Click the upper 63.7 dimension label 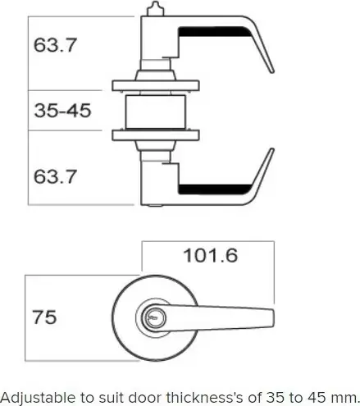[x=55, y=45]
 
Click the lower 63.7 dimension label [x=55, y=176]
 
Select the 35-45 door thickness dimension [x=62, y=111]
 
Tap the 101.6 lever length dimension [x=211, y=256]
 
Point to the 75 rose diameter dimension [x=44, y=317]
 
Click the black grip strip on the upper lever [x=215, y=32]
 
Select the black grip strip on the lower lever [x=215, y=189]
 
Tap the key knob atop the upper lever [x=155, y=8]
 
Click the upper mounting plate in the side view [x=156, y=85]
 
